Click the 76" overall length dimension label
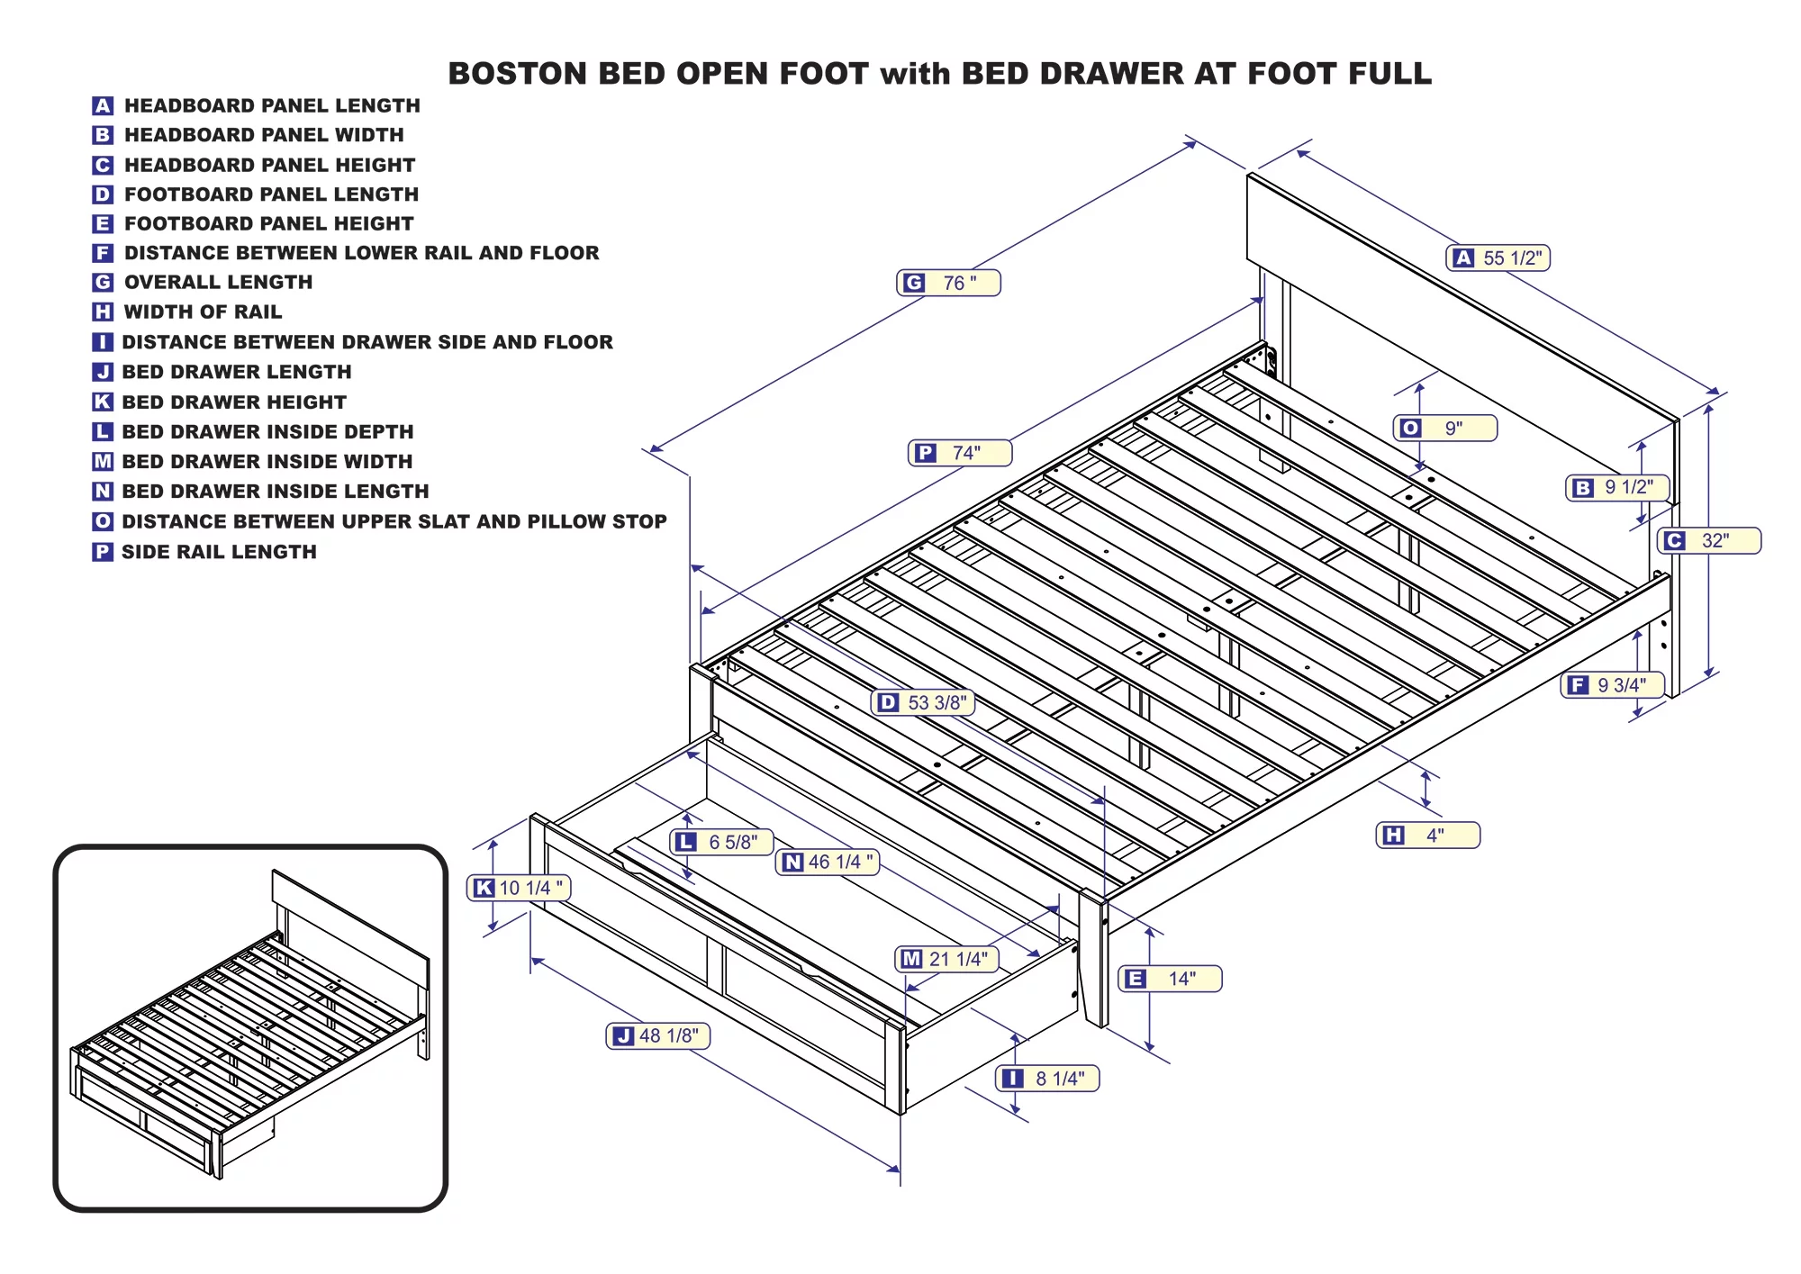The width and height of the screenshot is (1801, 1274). [x=948, y=283]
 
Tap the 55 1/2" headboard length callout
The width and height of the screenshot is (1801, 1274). [x=1498, y=258]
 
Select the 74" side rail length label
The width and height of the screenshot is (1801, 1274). [x=960, y=453]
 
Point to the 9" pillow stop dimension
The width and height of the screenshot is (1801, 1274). [x=1444, y=429]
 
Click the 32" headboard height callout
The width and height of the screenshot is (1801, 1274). [x=1708, y=541]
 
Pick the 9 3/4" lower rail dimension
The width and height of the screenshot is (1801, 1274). [x=1612, y=685]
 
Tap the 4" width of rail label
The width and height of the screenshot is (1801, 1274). [x=1427, y=836]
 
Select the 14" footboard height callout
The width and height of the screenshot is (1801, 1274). [x=1170, y=979]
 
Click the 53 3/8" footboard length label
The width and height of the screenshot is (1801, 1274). [x=924, y=702]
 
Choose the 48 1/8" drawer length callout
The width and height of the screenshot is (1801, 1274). [x=658, y=1036]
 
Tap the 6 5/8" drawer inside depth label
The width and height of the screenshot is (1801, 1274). [x=722, y=842]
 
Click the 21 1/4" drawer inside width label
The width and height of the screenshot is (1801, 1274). [x=948, y=959]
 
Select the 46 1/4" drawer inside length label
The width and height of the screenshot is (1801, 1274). [x=828, y=863]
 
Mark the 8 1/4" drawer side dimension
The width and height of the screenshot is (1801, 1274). [x=1047, y=1079]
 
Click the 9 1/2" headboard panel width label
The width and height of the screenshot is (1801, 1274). [x=1618, y=488]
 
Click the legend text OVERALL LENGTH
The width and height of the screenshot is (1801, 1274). [x=218, y=283]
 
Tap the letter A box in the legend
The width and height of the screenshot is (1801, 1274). [x=103, y=106]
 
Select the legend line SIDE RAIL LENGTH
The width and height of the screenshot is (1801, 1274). [x=219, y=552]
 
